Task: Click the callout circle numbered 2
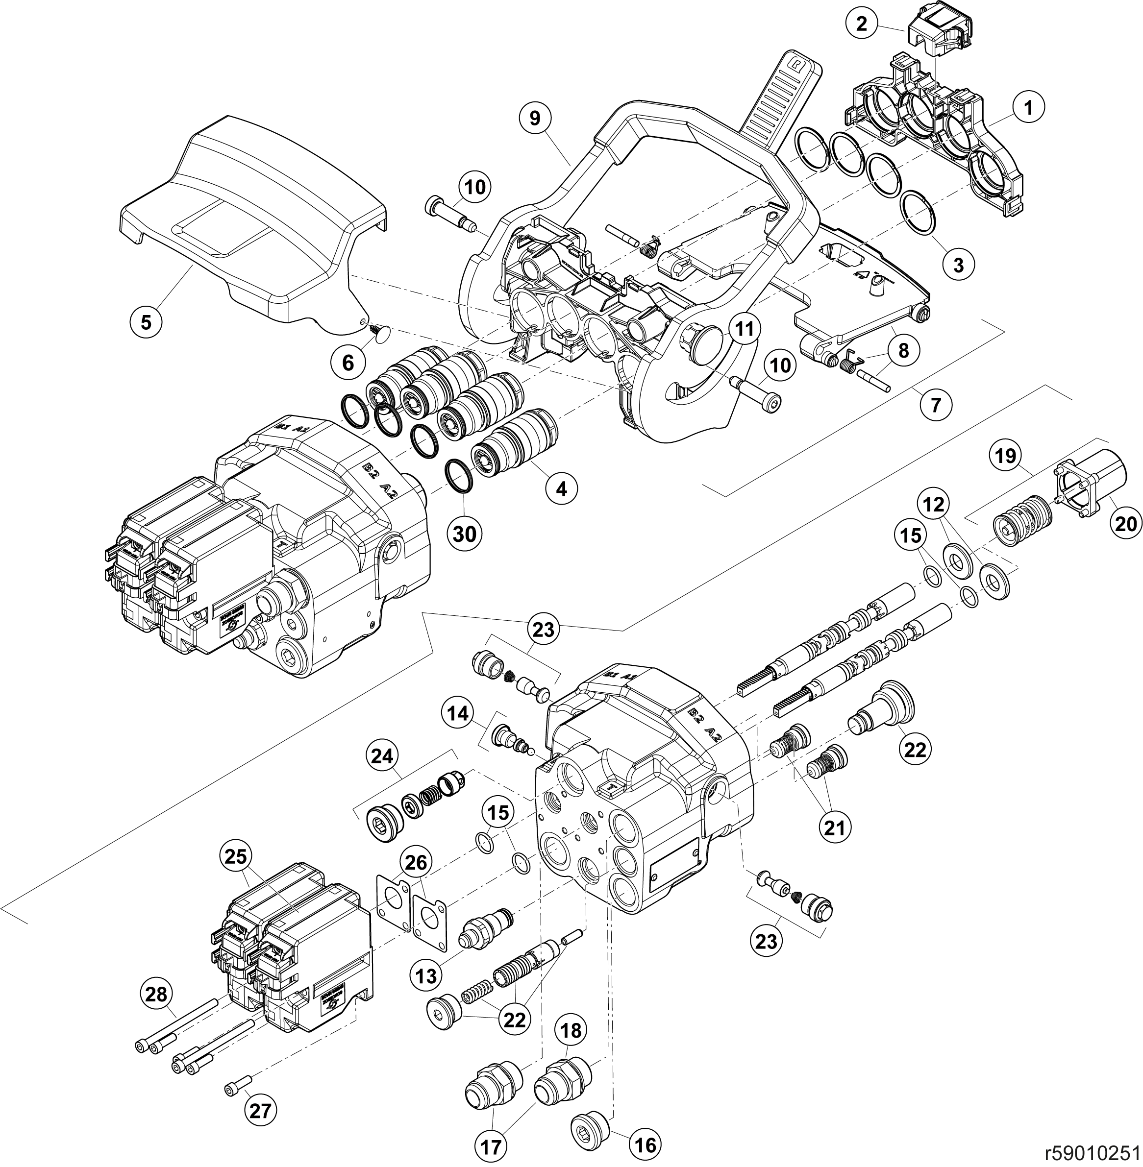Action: [862, 24]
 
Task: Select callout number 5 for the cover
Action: [147, 322]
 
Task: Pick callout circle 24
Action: [383, 758]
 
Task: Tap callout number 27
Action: [260, 1111]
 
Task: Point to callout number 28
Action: [157, 994]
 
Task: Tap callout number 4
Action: [561, 488]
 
